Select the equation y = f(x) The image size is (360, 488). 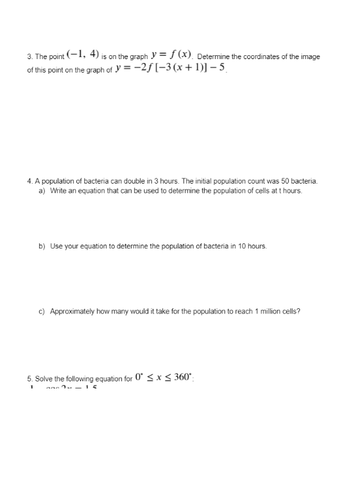172,55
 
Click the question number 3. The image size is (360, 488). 30,57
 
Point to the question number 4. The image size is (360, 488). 30,182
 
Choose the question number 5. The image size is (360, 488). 30,379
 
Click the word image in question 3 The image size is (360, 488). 310,57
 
